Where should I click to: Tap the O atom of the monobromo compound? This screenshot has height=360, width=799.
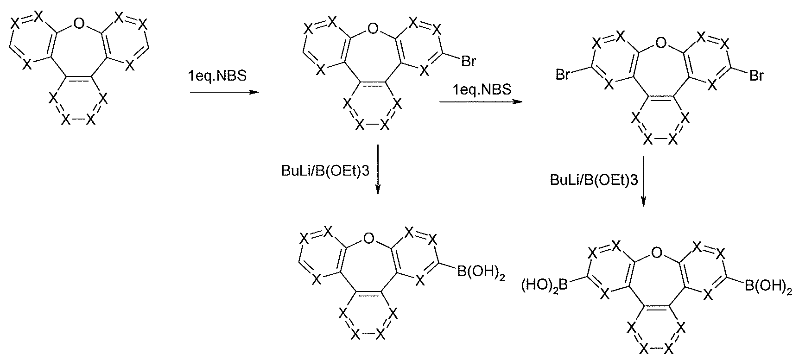pyautogui.click(x=371, y=32)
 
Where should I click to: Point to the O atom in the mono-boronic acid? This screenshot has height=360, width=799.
pyautogui.click(x=368, y=239)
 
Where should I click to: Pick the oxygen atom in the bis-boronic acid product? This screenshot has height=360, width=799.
pyautogui.click(x=656, y=253)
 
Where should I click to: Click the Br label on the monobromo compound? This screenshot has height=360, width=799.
pyautogui.click(x=468, y=62)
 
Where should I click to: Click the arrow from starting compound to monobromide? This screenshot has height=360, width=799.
pyautogui.click(x=224, y=92)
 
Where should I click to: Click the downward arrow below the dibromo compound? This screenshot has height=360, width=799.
pyautogui.click(x=644, y=181)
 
